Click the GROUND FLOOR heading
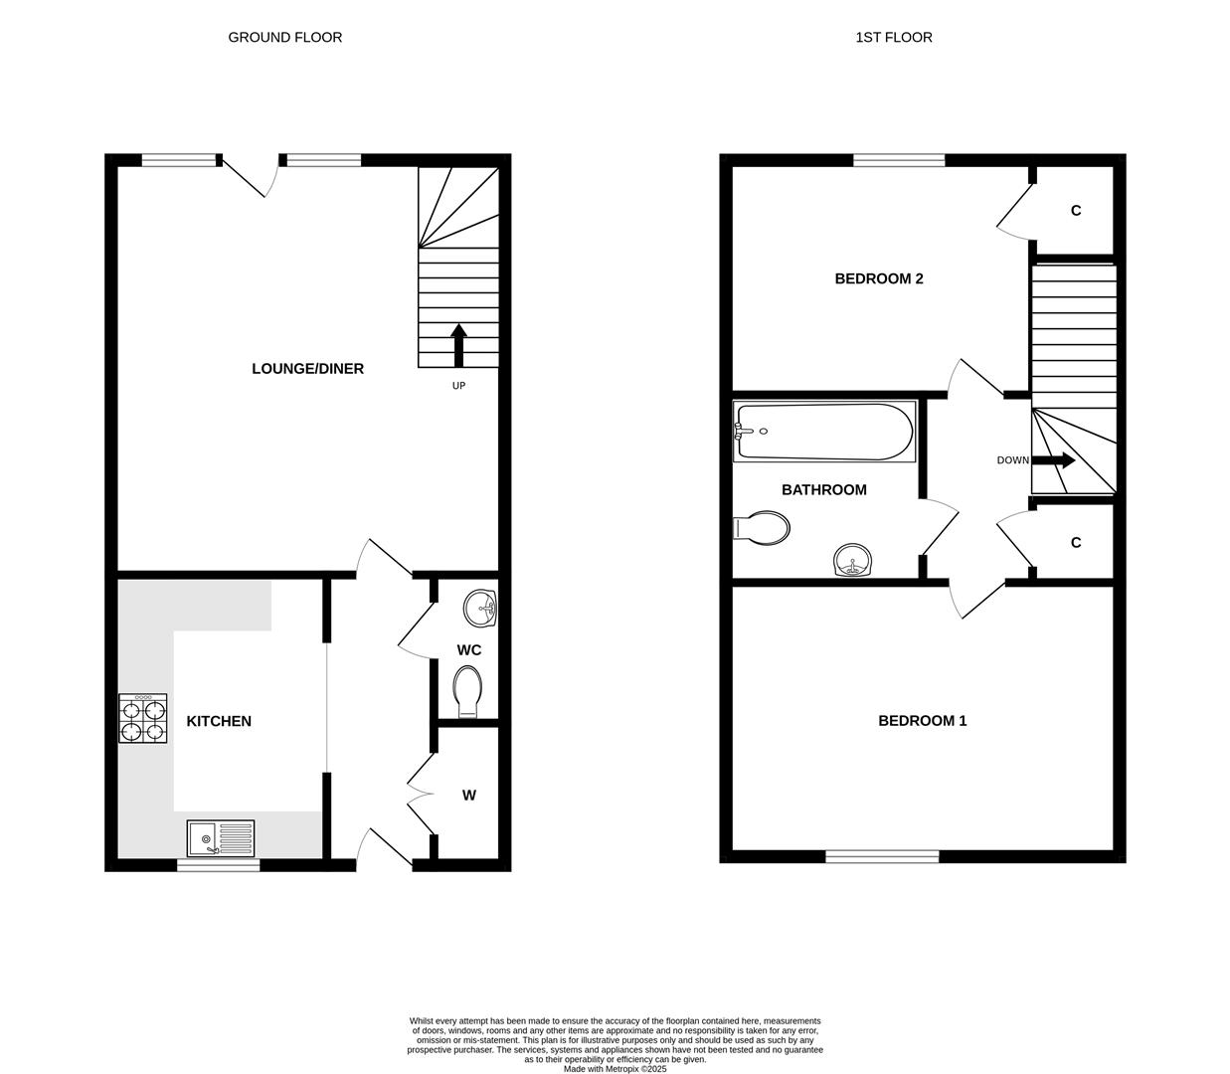tap(284, 38)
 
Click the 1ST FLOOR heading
tap(893, 38)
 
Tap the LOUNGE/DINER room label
tap(307, 369)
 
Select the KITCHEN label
tap(219, 721)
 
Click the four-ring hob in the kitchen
tap(143, 719)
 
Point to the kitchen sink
tap(221, 838)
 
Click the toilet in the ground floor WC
tap(467, 690)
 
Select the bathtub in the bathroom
tap(823, 432)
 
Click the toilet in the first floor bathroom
tap(762, 527)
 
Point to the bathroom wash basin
tap(852, 561)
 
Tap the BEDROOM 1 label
tap(922, 721)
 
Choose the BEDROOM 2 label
tap(878, 278)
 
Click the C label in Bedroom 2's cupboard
tap(1075, 211)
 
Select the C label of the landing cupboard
tap(1075, 543)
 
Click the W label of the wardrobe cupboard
tap(469, 796)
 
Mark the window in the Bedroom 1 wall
tap(882, 856)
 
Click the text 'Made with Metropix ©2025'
tap(615, 1069)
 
